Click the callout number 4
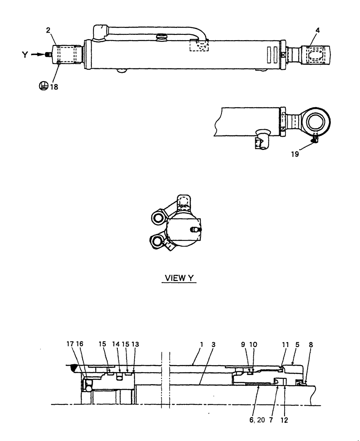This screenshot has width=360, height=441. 318,30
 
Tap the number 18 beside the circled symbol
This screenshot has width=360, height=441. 54,87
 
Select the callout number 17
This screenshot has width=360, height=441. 71,343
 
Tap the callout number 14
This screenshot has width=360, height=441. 116,343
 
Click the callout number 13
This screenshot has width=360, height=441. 135,343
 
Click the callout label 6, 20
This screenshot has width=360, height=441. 257,420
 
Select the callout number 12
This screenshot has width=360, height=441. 284,420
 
